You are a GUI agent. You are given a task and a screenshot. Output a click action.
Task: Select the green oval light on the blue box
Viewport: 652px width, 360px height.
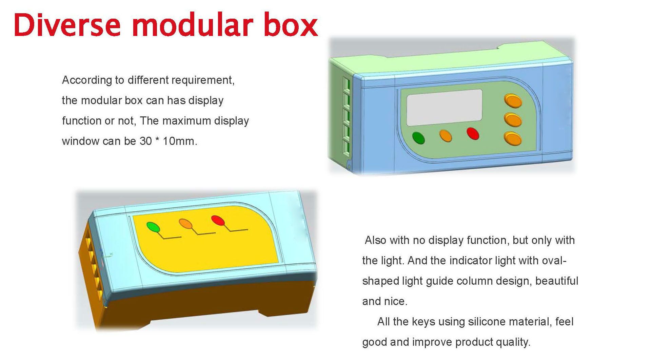[x=418, y=138]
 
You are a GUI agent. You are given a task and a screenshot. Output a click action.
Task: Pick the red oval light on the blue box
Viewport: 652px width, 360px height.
[x=473, y=133]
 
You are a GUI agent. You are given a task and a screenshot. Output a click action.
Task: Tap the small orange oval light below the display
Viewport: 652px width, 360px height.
[x=446, y=136]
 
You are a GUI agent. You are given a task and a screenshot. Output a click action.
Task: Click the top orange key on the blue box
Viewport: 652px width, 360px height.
[x=513, y=101]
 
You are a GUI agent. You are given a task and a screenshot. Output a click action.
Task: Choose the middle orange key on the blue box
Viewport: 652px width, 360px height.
[x=513, y=120]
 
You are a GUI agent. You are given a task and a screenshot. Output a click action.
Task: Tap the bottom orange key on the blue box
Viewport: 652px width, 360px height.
[x=513, y=139]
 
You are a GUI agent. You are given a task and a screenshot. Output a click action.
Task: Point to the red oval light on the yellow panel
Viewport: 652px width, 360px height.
[x=218, y=221]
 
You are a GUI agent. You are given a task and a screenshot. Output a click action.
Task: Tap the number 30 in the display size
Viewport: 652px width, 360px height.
[x=146, y=141]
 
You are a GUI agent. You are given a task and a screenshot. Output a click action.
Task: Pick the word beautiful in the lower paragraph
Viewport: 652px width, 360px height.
[x=557, y=281]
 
